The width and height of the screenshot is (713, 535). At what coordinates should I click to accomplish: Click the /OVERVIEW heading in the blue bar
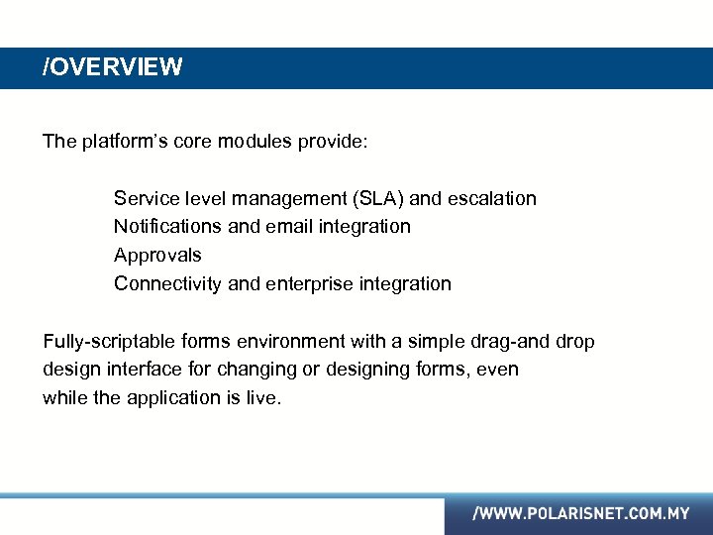pos(112,67)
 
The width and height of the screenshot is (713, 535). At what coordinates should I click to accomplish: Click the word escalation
pos(492,198)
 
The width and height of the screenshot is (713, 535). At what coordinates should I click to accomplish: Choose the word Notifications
pos(168,227)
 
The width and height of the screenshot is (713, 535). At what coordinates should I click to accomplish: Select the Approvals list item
pos(157,256)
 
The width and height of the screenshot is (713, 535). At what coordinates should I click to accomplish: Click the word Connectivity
pos(168,284)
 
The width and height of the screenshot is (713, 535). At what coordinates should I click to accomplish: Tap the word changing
pos(260,370)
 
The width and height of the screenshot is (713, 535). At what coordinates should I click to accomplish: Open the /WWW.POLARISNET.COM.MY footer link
pos(580,514)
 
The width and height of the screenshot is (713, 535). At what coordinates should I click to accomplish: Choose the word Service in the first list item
pos(145,198)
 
